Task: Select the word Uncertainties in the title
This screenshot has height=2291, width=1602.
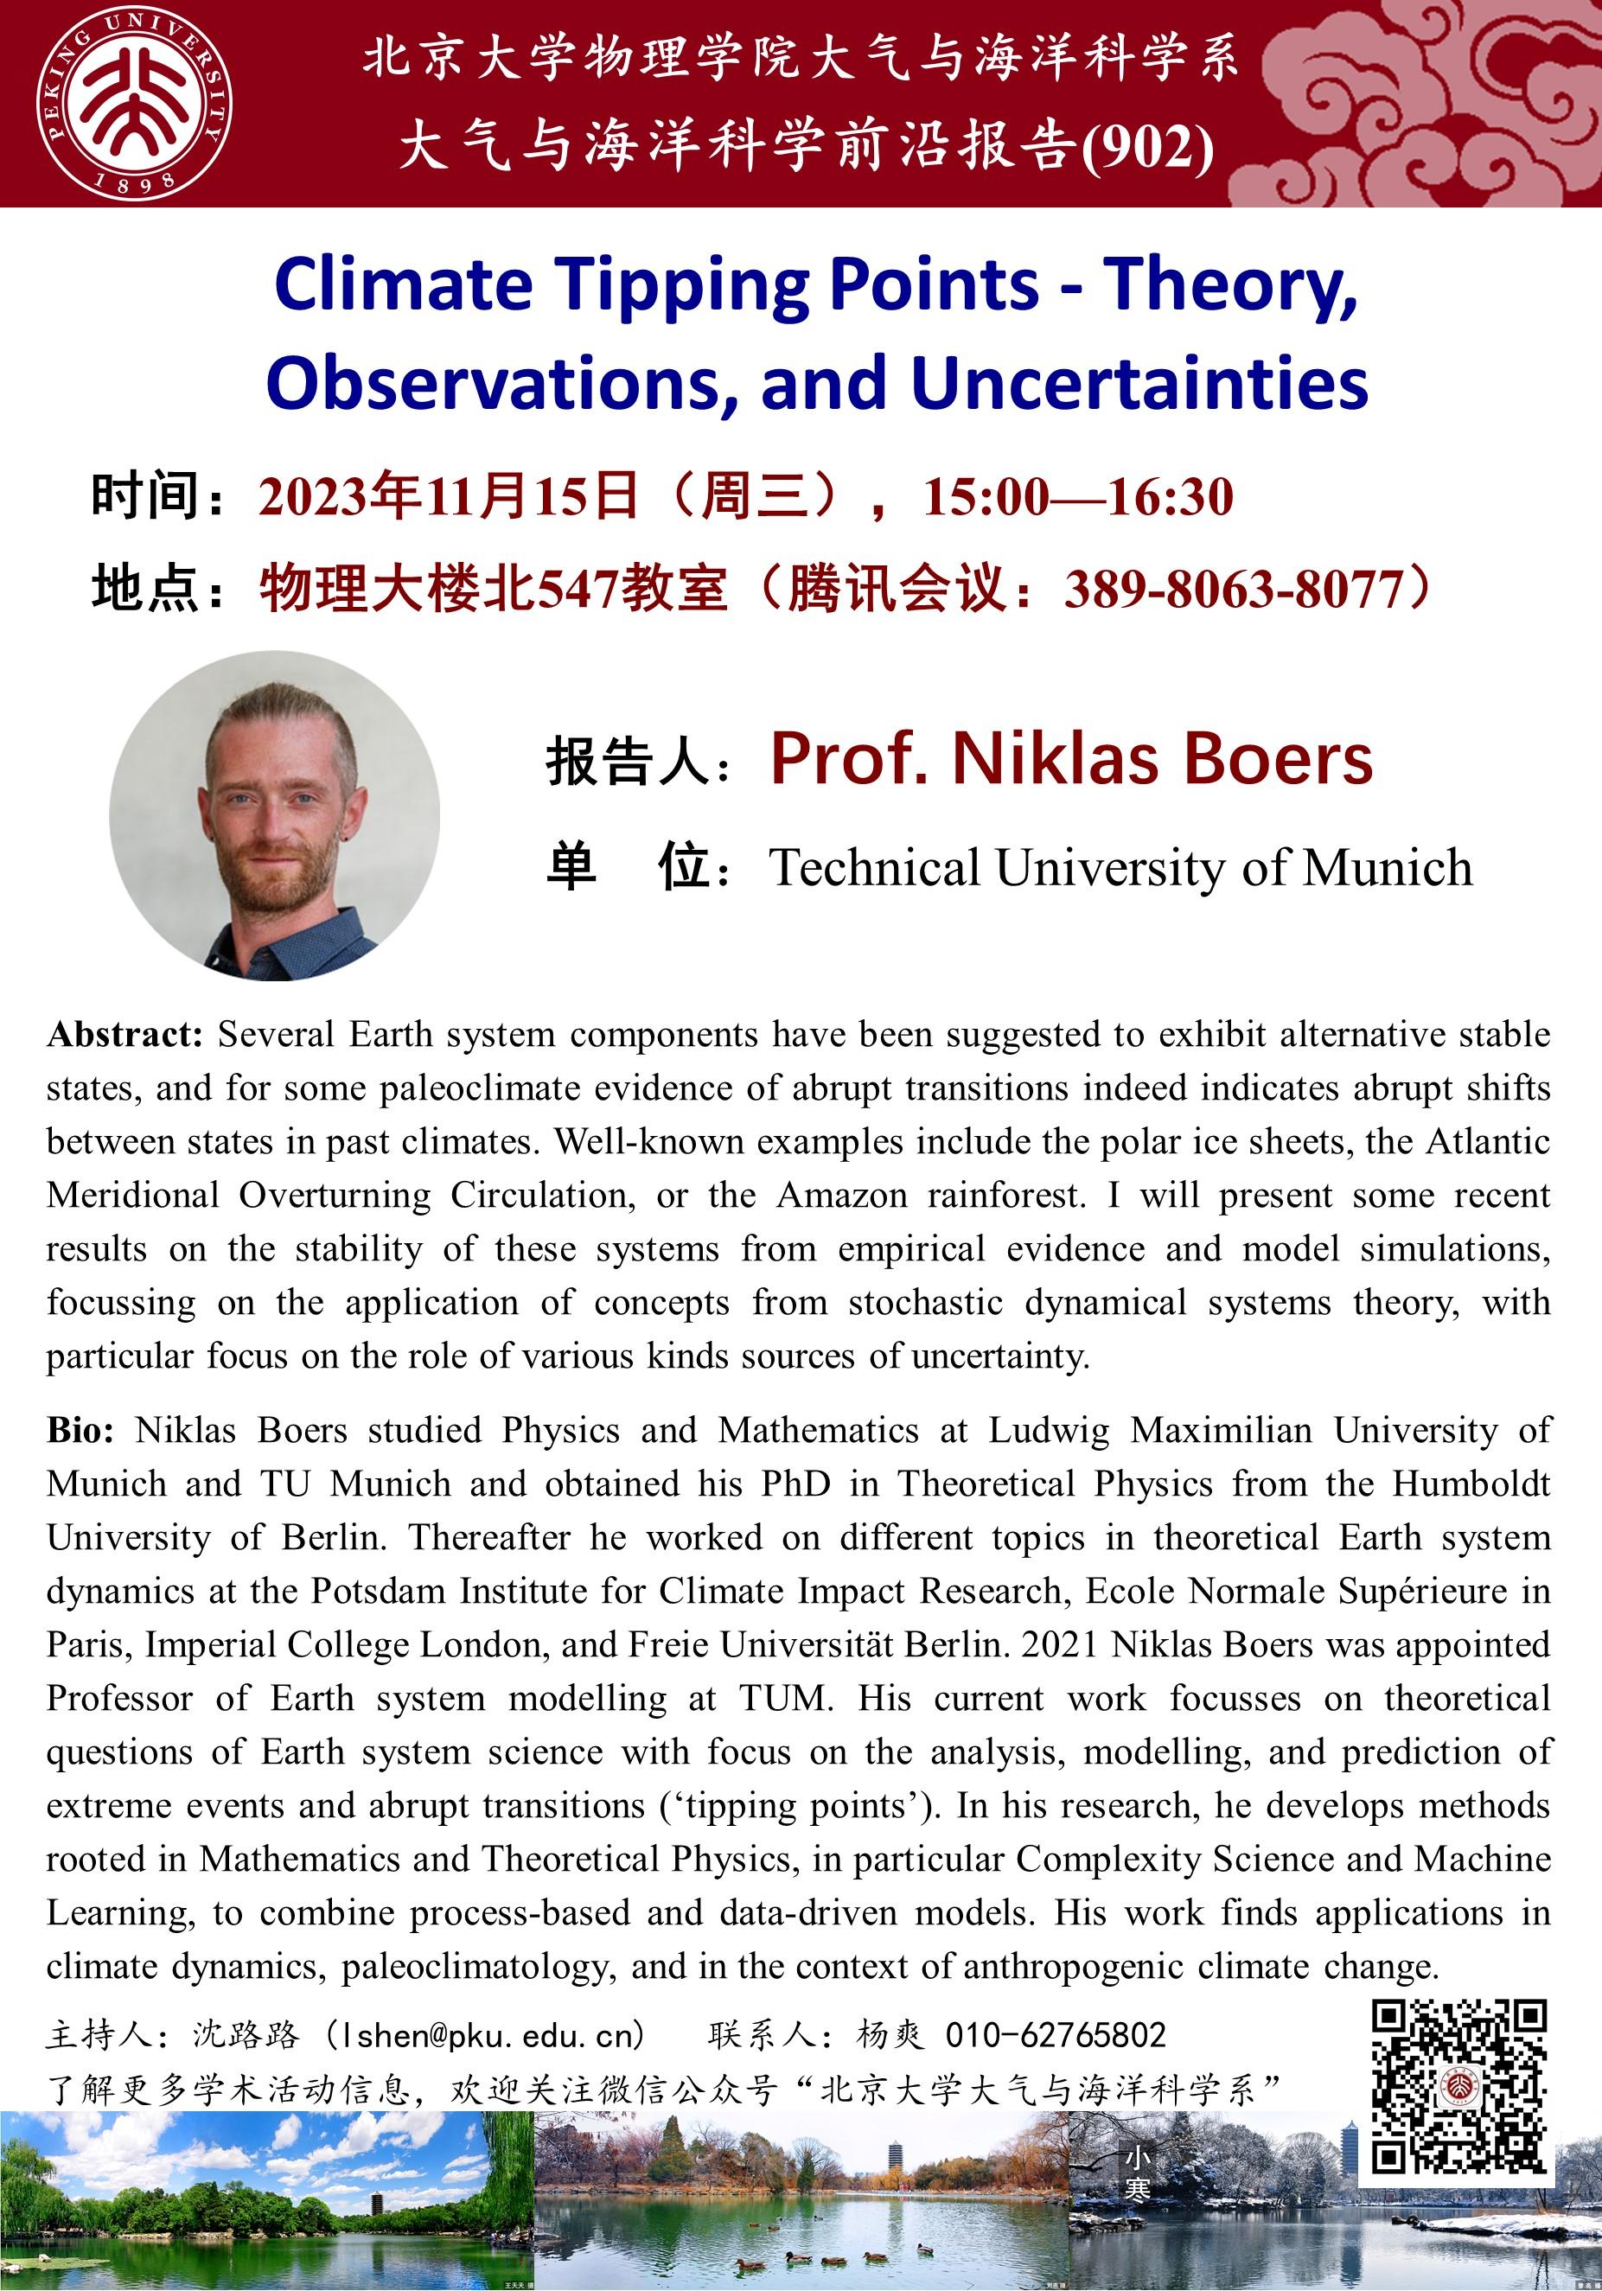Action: click(1139, 383)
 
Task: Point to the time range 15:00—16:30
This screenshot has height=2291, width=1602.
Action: click(1078, 497)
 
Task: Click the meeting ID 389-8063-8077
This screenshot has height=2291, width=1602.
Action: click(1234, 589)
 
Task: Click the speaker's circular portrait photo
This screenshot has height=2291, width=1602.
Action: click(274, 815)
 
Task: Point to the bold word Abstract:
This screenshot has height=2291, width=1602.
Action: click(124, 1035)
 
